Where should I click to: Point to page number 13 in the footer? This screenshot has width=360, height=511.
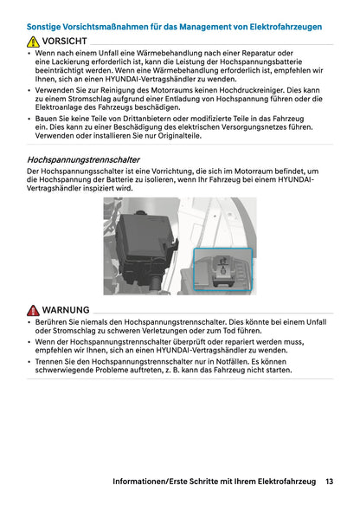[x=330, y=481]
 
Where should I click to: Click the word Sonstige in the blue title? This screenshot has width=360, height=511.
[x=46, y=27]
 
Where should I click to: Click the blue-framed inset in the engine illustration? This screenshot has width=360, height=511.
[x=223, y=268]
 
